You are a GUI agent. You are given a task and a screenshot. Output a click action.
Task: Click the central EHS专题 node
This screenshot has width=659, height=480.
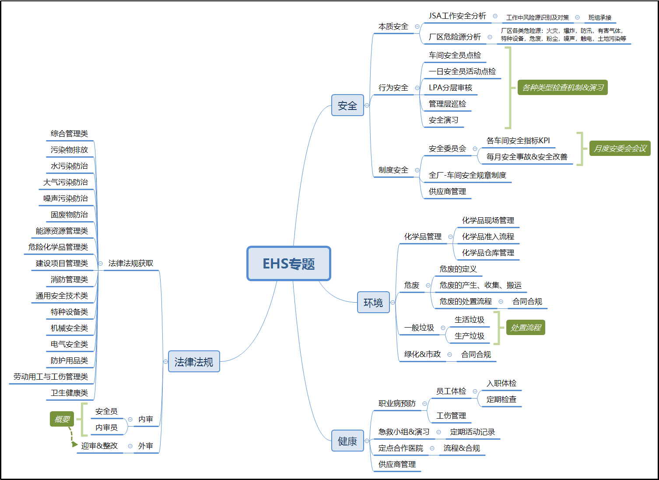[x=289, y=264]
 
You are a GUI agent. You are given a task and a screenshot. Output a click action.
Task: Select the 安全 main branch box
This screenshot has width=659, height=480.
[x=347, y=106]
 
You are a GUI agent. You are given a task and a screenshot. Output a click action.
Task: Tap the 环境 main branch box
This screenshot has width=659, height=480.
[x=373, y=302]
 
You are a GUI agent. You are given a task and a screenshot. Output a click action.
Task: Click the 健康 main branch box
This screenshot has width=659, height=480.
[x=347, y=441]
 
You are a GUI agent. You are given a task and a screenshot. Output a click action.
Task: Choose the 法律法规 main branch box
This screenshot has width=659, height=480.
[x=194, y=362]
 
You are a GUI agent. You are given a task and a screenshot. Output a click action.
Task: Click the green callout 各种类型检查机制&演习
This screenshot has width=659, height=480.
[x=563, y=88]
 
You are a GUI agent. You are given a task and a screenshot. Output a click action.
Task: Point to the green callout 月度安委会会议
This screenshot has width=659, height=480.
[x=620, y=148]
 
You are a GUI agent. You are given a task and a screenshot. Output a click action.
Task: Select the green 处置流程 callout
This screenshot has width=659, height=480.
[x=526, y=328]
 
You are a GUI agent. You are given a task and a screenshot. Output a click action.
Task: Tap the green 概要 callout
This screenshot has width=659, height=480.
[x=62, y=419]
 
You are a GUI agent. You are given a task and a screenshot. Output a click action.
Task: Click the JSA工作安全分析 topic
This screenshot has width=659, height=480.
[x=457, y=16]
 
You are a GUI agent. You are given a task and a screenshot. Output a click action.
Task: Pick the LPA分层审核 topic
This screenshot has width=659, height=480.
[x=450, y=88]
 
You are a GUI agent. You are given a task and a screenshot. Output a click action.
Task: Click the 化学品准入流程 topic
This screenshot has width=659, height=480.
[x=488, y=236]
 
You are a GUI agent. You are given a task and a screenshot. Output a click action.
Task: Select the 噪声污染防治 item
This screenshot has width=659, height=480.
[x=66, y=198]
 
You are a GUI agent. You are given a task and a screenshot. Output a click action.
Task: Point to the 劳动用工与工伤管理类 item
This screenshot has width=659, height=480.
[x=51, y=377]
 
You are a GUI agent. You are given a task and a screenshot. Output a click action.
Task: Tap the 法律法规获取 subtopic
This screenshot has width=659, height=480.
[x=131, y=263]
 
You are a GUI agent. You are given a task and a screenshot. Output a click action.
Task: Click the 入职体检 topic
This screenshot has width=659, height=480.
[x=501, y=383]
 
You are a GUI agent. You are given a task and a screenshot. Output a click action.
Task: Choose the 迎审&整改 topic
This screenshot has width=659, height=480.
[x=99, y=446]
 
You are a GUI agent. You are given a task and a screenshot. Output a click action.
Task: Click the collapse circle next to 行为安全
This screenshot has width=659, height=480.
[x=417, y=88]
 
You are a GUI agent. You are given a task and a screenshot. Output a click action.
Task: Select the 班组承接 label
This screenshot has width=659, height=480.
[x=600, y=18]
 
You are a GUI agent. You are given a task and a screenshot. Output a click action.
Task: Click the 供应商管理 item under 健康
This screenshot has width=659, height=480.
[x=397, y=464]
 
